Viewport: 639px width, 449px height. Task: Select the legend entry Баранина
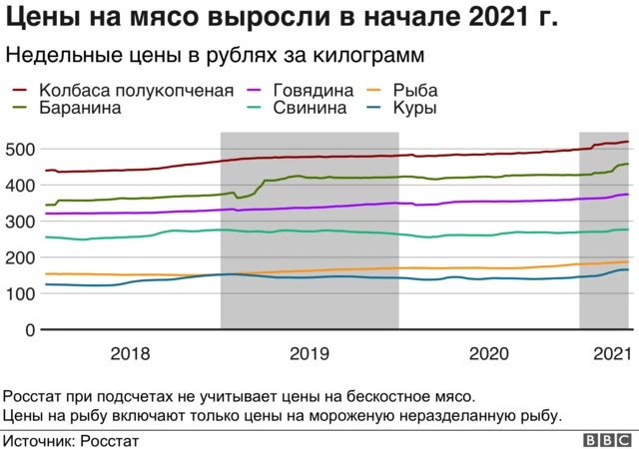pos(80,108)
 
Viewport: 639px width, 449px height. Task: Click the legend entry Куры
pos(414,108)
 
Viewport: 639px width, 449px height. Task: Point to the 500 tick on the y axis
pos(22,149)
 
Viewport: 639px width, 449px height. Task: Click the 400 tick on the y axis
pos(22,185)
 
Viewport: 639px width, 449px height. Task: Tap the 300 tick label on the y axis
pos(22,221)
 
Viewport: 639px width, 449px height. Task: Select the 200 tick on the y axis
pos(22,257)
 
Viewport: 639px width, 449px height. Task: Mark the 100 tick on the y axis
pos(22,293)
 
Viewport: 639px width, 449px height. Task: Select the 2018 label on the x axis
pos(131,353)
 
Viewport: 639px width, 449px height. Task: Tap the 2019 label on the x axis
pos(310,353)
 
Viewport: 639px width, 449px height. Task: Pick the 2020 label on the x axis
pos(488,353)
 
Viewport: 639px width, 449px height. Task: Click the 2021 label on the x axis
pos(611,353)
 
